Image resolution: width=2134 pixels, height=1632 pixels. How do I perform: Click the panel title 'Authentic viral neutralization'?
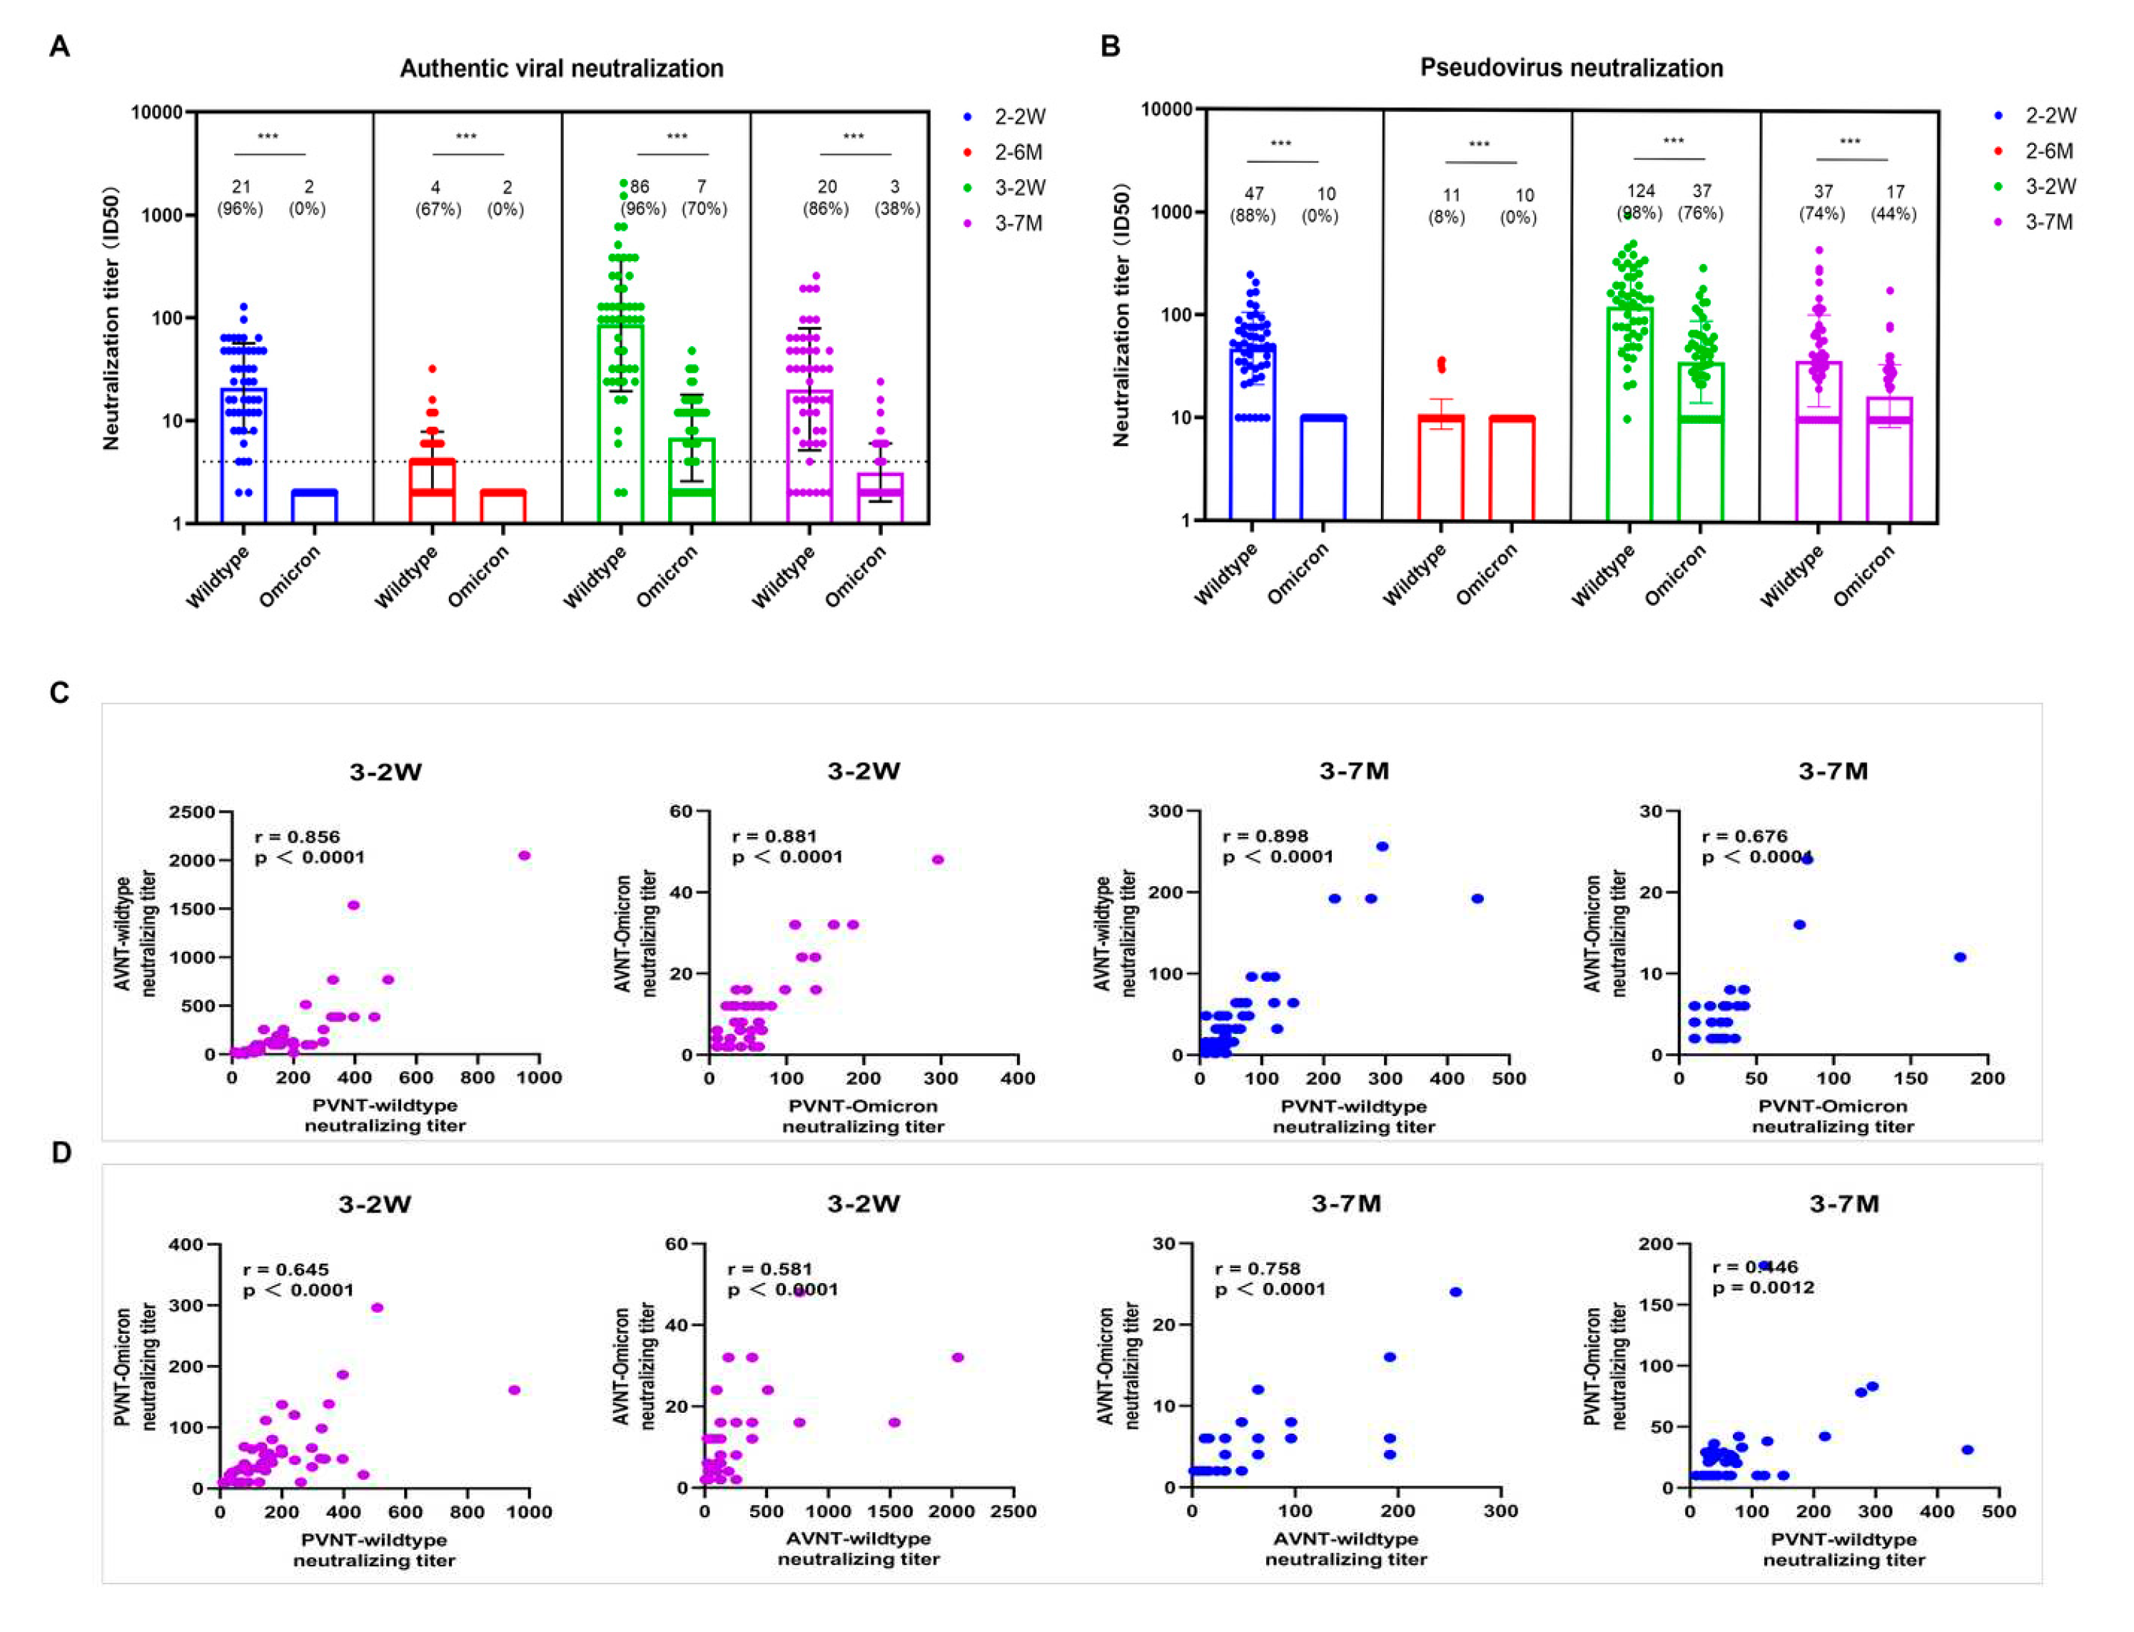pos(562,68)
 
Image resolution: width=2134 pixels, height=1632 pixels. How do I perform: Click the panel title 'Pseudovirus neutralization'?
pos(1571,67)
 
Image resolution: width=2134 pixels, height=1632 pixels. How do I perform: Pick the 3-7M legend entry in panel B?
pos(2048,223)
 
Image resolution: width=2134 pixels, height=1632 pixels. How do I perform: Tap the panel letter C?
pos(59,693)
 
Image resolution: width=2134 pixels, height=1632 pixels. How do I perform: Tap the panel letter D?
pos(60,1153)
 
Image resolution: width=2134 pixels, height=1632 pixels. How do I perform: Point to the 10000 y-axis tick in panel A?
pos(157,113)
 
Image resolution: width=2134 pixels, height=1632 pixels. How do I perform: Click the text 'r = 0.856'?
pos(297,836)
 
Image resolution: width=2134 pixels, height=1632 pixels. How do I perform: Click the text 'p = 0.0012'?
pos(1763,1287)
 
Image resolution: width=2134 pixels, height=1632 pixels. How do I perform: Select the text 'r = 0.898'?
pos(1265,836)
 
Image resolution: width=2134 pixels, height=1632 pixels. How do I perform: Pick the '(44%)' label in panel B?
pos(1893,213)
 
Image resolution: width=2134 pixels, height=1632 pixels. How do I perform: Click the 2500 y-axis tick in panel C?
pos(191,812)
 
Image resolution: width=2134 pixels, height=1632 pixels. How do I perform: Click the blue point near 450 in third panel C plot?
pos(1477,898)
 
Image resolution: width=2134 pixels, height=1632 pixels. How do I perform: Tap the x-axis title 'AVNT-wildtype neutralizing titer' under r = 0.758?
pos(1345,1549)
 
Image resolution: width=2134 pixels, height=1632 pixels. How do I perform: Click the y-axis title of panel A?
pos(112,318)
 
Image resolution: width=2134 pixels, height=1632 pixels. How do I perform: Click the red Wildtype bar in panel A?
pos(433,490)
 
